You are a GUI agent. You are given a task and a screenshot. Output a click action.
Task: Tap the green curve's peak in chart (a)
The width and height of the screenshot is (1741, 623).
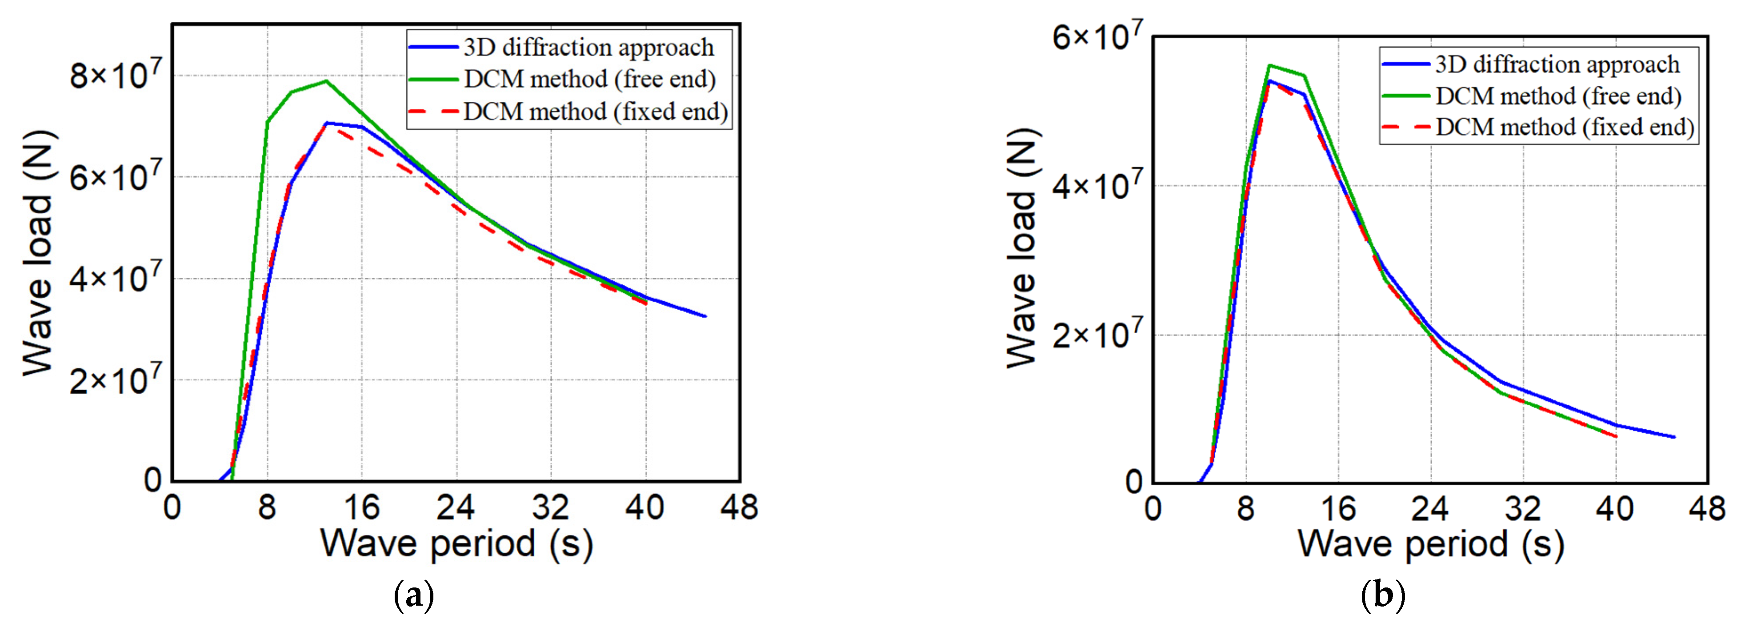pyautogui.click(x=326, y=81)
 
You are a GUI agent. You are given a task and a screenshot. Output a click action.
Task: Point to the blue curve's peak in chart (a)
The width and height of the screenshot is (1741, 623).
pyautogui.click(x=326, y=123)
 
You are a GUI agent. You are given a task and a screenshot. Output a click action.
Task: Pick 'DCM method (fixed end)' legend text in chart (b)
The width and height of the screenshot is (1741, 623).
pyautogui.click(x=1564, y=127)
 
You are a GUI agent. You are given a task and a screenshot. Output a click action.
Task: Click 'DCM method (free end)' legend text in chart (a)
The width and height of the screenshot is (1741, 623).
pyautogui.click(x=589, y=79)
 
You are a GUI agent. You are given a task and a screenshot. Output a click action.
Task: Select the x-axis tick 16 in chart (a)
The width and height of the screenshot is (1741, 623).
pyautogui.click(x=362, y=507)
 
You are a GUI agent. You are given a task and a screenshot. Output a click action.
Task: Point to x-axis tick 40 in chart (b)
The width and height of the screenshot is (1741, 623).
pyautogui.click(x=1615, y=508)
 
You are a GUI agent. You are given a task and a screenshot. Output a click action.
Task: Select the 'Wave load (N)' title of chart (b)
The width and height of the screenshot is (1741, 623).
pyautogui.click(x=1022, y=248)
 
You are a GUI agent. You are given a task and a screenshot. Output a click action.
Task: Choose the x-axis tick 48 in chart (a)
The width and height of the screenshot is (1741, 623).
pyautogui.click(x=740, y=507)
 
